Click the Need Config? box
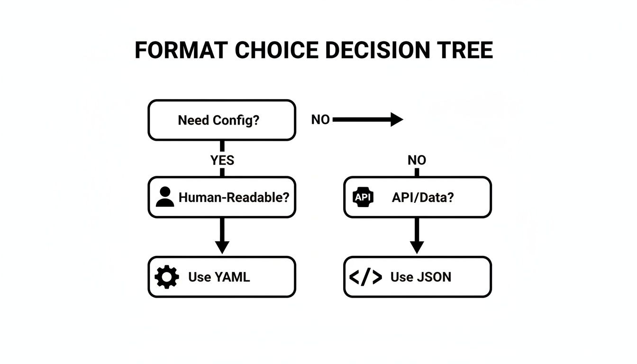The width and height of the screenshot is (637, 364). [x=222, y=120]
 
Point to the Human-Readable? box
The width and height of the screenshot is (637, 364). [x=222, y=197]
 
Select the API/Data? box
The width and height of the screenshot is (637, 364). [x=417, y=197]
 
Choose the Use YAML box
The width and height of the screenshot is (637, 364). [x=222, y=277]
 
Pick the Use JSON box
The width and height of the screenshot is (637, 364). [x=417, y=277]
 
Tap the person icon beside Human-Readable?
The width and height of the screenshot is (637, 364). [x=165, y=197]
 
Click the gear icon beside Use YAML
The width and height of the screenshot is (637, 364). [x=167, y=277]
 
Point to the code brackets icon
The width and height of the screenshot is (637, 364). [x=365, y=277]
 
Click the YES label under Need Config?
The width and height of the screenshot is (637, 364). [x=222, y=160]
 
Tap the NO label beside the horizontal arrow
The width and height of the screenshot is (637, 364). [x=320, y=120]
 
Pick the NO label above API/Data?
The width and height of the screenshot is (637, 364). [x=417, y=161]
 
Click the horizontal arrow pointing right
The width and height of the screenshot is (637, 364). [x=367, y=120]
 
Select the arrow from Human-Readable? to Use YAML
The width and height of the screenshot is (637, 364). [x=222, y=236]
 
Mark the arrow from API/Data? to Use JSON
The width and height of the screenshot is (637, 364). [x=417, y=236]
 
